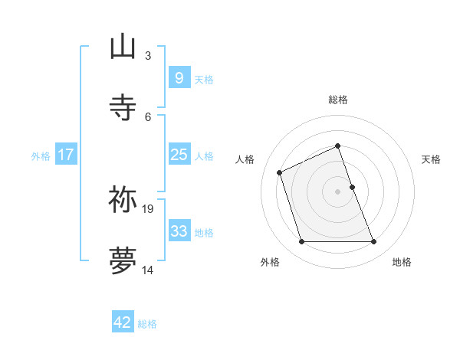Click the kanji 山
click(x=123, y=47)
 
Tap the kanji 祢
click(x=123, y=199)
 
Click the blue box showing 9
click(x=179, y=77)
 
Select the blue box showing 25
click(x=179, y=155)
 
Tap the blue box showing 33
click(x=179, y=231)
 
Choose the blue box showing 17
click(x=65, y=155)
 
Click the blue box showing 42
click(x=123, y=322)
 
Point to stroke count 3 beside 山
click(x=148, y=56)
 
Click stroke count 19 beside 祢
click(x=149, y=208)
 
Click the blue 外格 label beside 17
click(x=41, y=156)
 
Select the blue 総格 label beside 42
click(x=147, y=324)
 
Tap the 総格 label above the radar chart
click(x=338, y=100)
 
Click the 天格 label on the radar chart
click(x=431, y=159)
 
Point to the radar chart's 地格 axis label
click(x=402, y=262)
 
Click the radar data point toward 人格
click(x=281, y=172)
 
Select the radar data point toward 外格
click(x=301, y=242)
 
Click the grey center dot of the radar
click(x=338, y=191)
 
